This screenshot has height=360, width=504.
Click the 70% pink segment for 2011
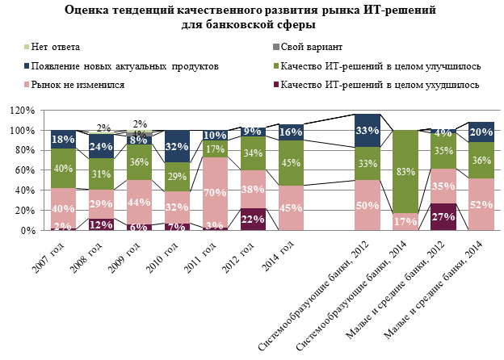215,192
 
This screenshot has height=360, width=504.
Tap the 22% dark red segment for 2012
254,219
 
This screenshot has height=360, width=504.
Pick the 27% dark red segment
443,216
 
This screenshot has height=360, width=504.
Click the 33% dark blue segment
367,131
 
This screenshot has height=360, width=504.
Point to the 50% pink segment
367,205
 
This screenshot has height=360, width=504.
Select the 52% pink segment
481,204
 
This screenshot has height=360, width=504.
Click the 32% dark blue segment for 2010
177,146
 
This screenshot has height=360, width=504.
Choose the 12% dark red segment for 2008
101,224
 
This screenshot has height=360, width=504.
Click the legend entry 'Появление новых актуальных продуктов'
120,65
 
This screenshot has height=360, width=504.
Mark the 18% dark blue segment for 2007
63,139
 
